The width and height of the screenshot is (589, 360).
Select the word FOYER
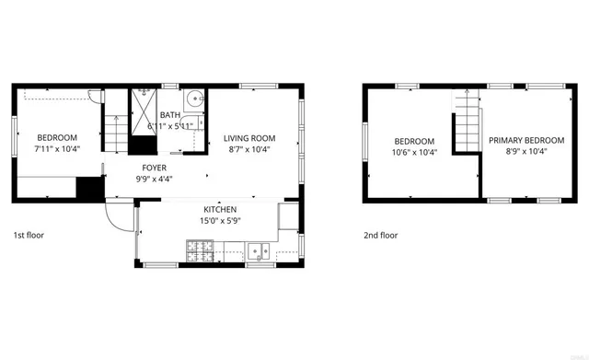(x=155, y=168)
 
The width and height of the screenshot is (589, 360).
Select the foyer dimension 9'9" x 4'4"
(x=155, y=179)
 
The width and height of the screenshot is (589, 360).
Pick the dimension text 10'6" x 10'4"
(x=414, y=152)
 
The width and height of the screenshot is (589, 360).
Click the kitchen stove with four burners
(x=200, y=250)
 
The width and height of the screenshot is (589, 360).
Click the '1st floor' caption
(x=29, y=235)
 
